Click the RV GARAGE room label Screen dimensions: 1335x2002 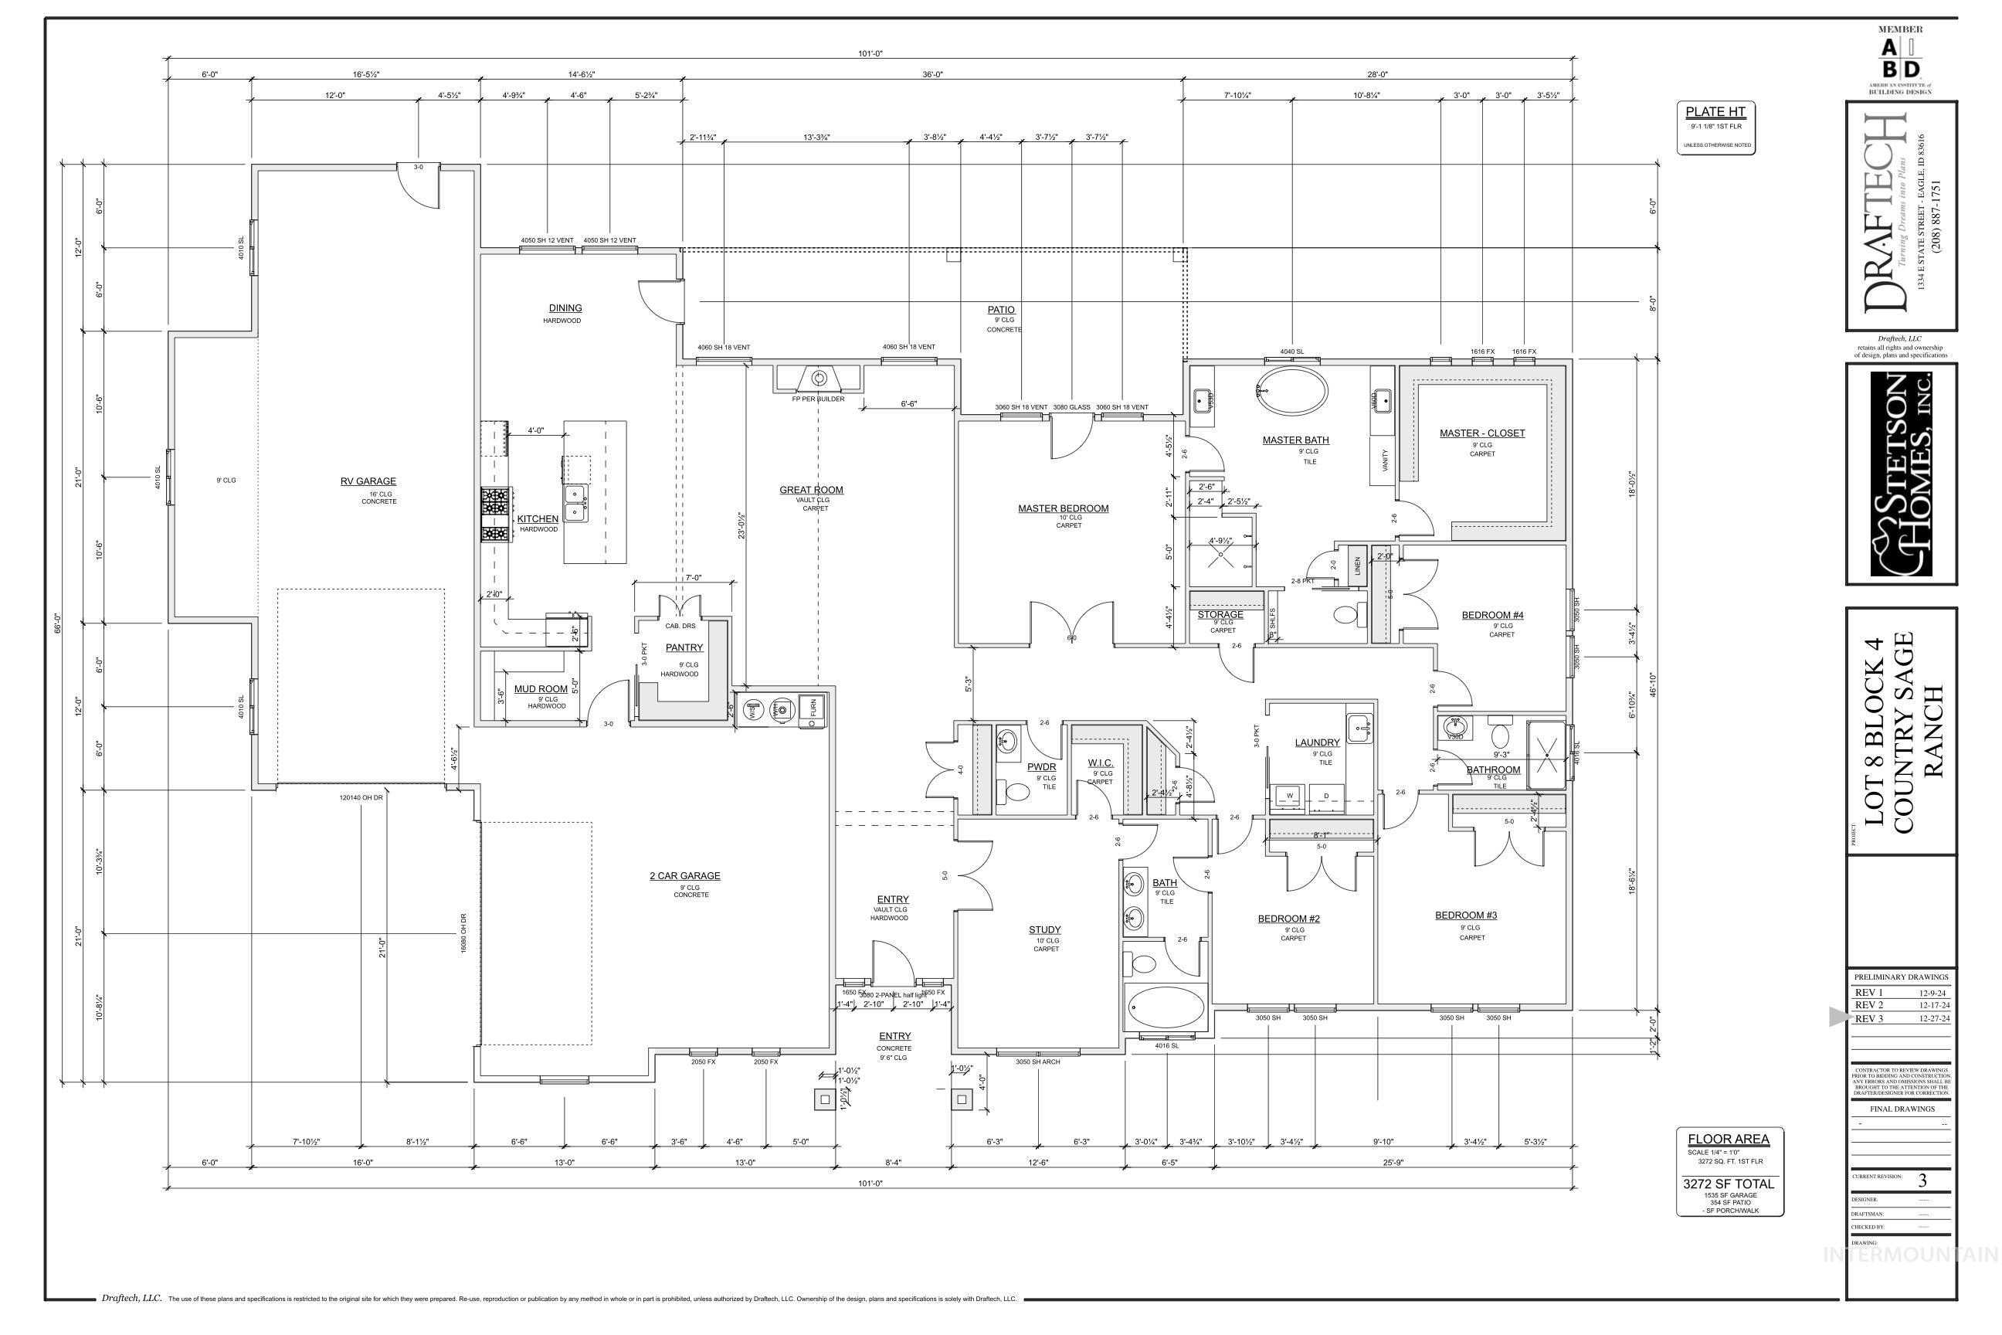(x=368, y=481)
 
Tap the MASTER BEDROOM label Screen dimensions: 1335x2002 (x=1063, y=508)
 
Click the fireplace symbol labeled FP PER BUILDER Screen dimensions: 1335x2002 (x=819, y=378)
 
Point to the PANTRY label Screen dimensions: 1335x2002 (x=684, y=648)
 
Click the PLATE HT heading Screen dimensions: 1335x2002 (x=1715, y=111)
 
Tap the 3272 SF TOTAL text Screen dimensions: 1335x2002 (x=1728, y=1184)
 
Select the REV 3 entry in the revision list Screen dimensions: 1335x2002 (x=1869, y=1018)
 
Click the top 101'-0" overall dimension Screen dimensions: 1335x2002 (x=870, y=53)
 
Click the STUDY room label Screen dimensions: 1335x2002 (x=1044, y=929)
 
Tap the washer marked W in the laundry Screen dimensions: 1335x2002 (x=1290, y=795)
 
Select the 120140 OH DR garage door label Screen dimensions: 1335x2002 (x=361, y=798)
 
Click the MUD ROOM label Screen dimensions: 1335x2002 (x=541, y=689)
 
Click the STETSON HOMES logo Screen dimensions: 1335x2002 (x=1901, y=474)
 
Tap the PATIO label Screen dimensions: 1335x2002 (x=1001, y=310)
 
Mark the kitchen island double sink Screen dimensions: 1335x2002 (x=576, y=501)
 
